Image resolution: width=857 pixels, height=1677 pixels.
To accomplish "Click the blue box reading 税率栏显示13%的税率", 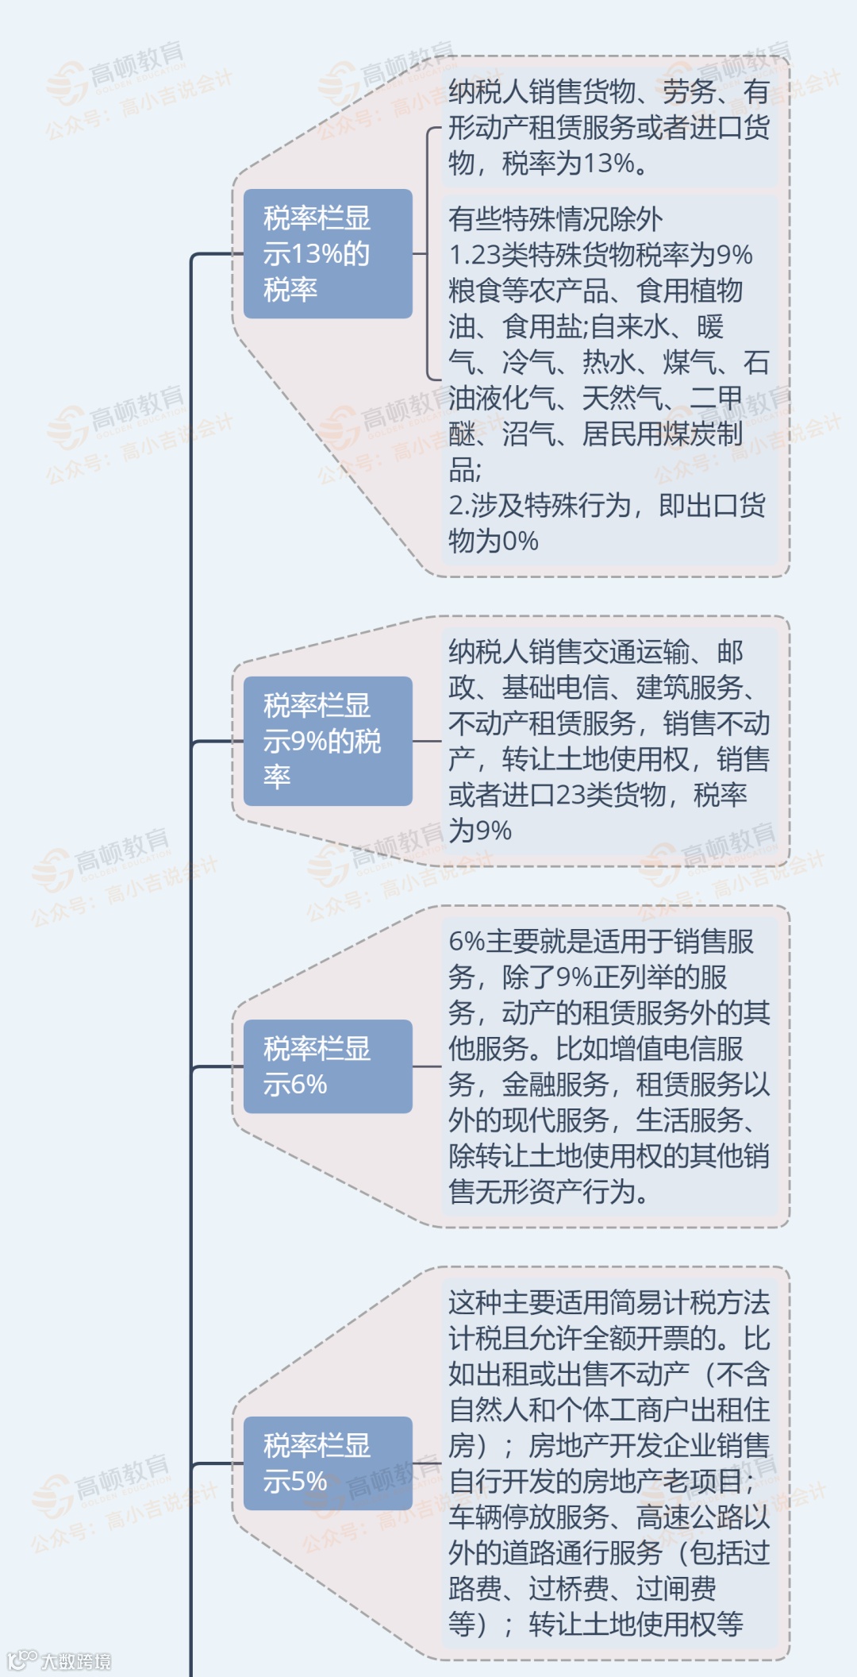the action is click(327, 254).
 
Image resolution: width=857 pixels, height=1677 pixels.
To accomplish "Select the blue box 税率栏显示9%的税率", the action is click(327, 741).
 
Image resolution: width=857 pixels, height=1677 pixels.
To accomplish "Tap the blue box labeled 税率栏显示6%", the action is click(327, 1066).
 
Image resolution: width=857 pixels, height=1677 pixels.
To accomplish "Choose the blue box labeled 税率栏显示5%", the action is click(327, 1463).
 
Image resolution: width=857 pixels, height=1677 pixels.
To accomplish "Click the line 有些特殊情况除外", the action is click(555, 219).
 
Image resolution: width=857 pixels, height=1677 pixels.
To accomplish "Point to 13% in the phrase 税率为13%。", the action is click(609, 164).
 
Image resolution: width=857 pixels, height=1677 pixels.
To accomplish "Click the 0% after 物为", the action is click(520, 542).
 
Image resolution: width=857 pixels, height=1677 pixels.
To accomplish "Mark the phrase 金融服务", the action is click(555, 1085).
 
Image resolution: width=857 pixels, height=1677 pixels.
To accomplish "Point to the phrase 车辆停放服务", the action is click(528, 1517).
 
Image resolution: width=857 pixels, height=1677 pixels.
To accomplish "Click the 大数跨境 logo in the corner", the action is click(60, 1660).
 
